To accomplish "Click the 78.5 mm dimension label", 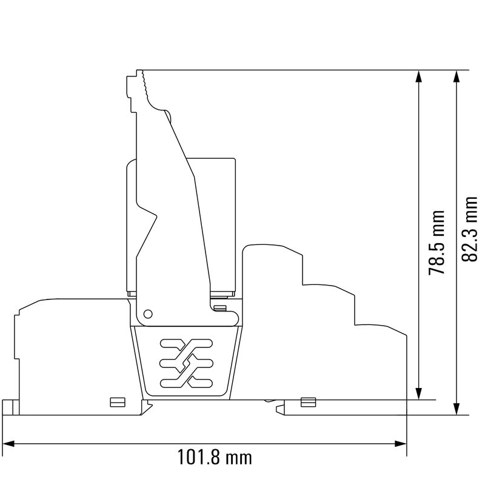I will click(x=436, y=242).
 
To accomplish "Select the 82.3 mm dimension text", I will click(x=470, y=229).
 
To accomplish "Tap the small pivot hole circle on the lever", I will click(x=147, y=313).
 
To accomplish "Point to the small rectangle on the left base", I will click(x=116, y=401).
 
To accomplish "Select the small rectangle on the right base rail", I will click(x=308, y=401).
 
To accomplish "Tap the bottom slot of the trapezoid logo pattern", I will click(x=186, y=382).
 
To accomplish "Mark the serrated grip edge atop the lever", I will click(x=145, y=85).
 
